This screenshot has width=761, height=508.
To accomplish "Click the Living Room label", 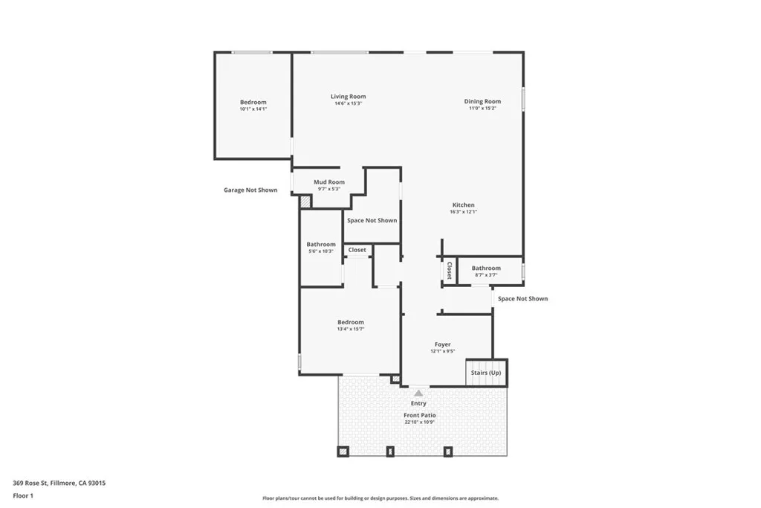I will (348, 97).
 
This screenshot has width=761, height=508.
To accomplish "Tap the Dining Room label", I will (482, 101).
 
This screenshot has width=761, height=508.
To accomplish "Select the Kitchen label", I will (463, 205).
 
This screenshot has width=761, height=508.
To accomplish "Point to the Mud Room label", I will (328, 182).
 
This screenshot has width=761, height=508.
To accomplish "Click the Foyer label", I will (443, 344).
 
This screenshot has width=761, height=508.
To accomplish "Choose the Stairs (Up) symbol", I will (486, 373).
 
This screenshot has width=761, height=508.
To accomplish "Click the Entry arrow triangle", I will (418, 393).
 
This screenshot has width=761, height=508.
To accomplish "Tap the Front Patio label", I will (420, 415).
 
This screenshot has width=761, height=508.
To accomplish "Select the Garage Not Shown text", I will (250, 190).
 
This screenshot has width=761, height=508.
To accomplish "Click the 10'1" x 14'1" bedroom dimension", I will (253, 109).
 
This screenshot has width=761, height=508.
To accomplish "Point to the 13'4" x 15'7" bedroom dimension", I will (351, 329).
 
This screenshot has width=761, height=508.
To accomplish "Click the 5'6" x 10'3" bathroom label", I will (321, 251).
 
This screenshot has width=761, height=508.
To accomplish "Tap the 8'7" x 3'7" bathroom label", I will (486, 274).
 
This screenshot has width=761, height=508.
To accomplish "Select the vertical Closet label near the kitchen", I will (449, 270).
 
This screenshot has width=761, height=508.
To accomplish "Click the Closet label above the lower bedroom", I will (357, 250).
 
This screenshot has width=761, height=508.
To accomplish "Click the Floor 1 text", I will (23, 495).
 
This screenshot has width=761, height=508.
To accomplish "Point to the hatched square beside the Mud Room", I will (305, 202).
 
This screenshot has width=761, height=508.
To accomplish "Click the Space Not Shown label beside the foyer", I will (522, 299).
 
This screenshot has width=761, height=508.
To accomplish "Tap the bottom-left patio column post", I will (343, 451).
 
